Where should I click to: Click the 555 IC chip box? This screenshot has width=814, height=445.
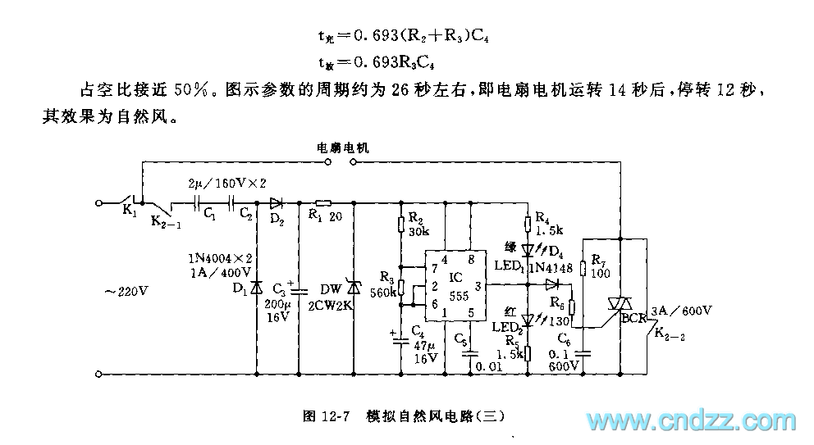pos(449,289)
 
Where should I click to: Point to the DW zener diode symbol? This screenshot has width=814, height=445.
pos(354,286)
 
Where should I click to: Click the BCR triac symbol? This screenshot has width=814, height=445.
pos(622,306)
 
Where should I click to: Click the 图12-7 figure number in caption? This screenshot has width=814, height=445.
pos(327,415)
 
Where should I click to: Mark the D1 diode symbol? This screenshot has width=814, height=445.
pos(255,288)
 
